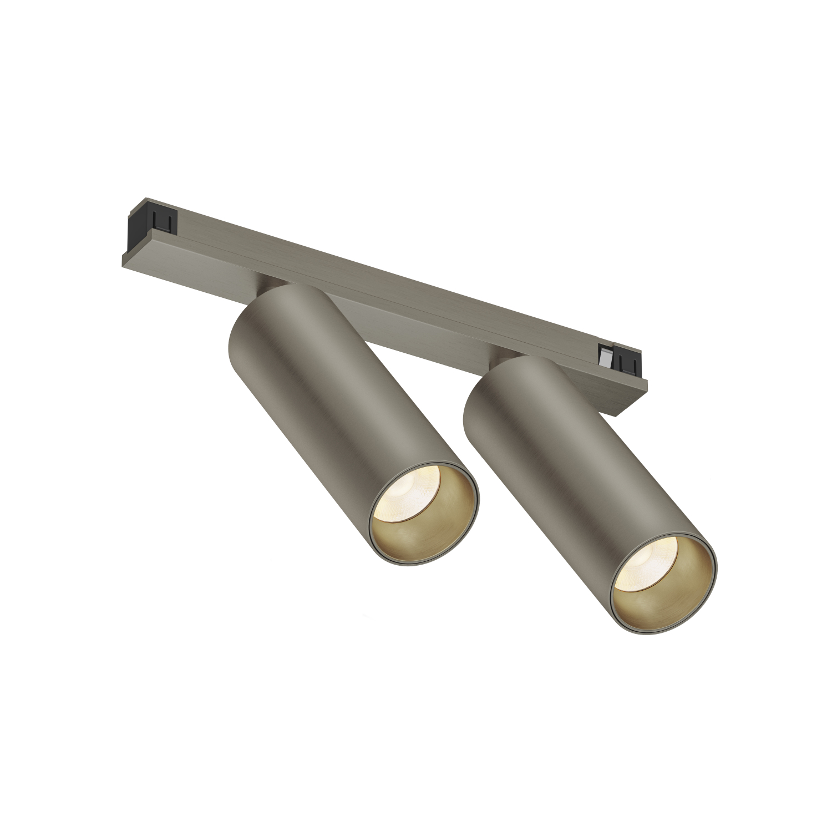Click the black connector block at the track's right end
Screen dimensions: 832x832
(x=630, y=363)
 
